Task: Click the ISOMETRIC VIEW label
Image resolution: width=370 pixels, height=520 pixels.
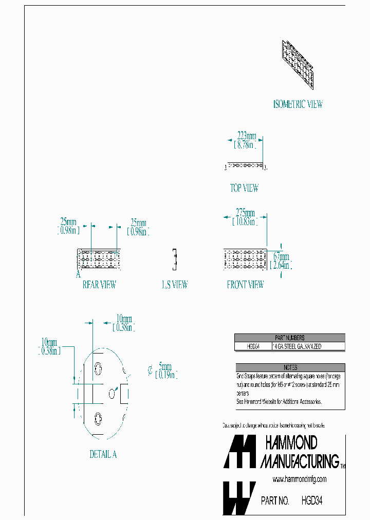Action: pos(298,104)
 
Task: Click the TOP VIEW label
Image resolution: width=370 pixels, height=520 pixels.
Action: pos(244,188)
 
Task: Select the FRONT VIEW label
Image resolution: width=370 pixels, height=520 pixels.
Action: pos(245,284)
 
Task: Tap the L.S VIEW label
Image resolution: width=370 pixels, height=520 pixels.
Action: pos(175,284)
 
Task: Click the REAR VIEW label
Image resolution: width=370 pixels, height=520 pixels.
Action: pos(99,284)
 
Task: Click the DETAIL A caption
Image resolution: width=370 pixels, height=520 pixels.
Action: pos(103,454)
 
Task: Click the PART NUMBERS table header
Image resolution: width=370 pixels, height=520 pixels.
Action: pos(289,338)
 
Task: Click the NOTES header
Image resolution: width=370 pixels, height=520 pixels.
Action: pos(289,367)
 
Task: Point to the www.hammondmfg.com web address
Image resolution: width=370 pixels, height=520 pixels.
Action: pos(299,479)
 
